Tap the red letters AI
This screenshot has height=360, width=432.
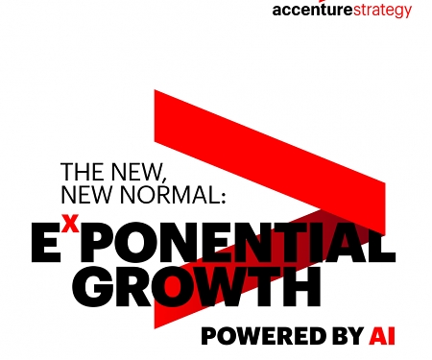[382, 336]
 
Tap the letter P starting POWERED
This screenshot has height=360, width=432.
[211, 336]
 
